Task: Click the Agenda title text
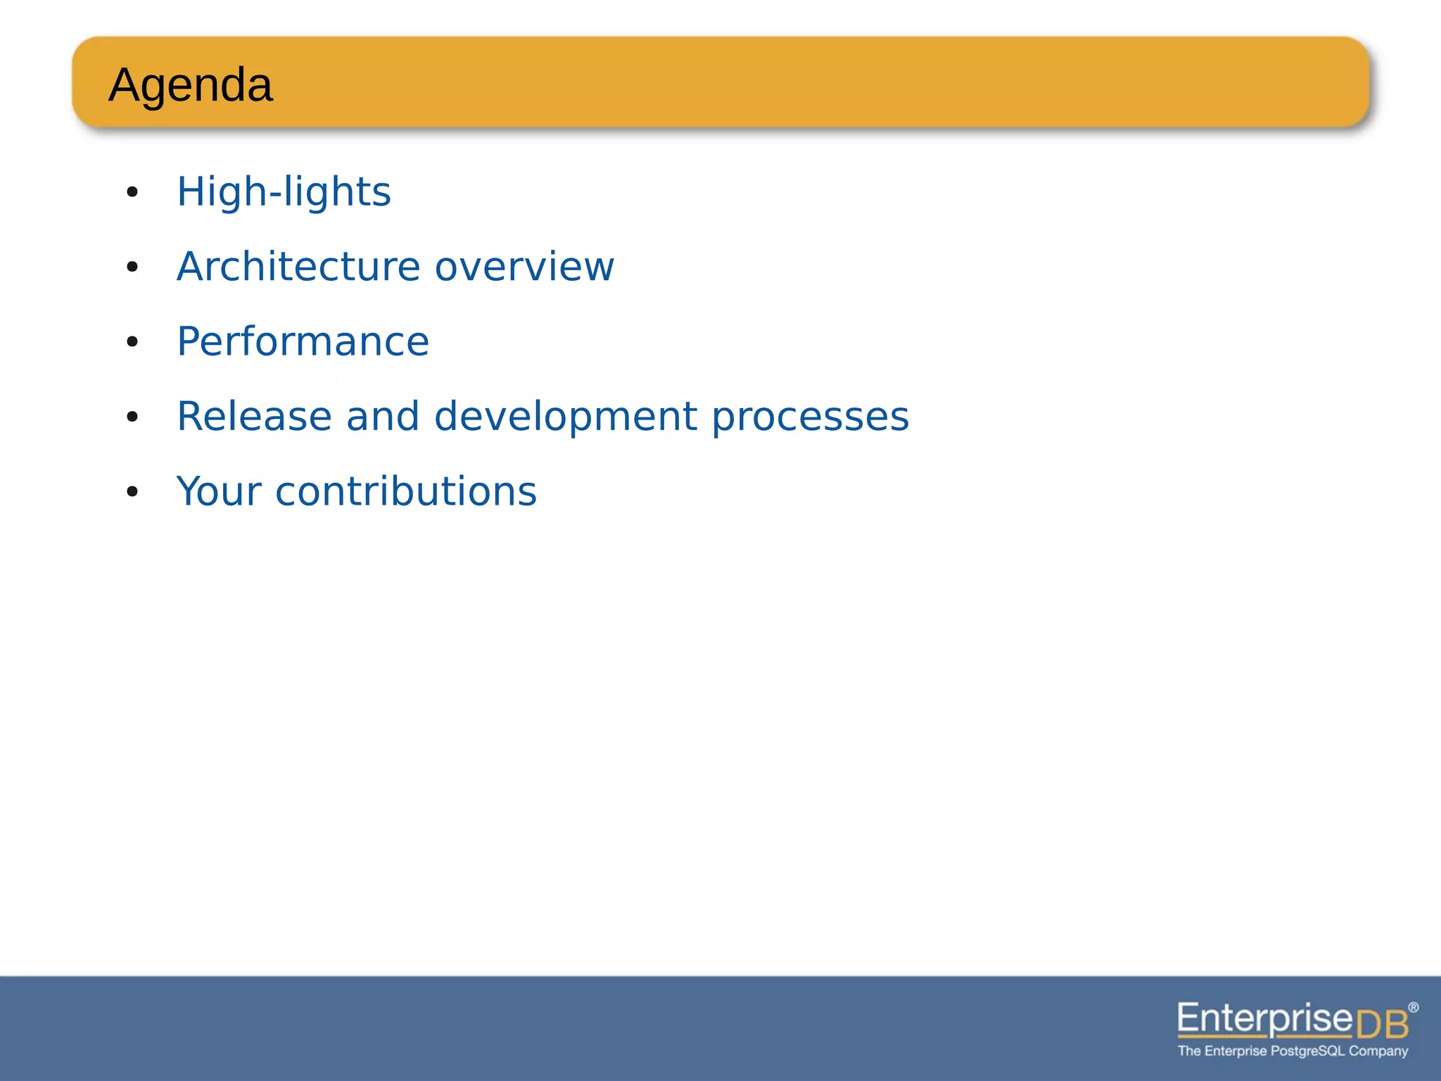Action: pyautogui.click(x=190, y=85)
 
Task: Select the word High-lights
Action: pyautogui.click(x=284, y=192)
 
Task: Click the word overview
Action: pyautogui.click(x=524, y=267)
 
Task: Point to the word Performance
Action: pyautogui.click(x=303, y=342)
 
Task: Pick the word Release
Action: pyautogui.click(x=254, y=417)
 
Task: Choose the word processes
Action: pyautogui.click(x=810, y=417)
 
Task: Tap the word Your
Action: pyautogui.click(x=219, y=491)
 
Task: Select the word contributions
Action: pyautogui.click(x=406, y=491)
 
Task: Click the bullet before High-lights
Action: pyautogui.click(x=132, y=192)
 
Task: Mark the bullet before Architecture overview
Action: pyautogui.click(x=132, y=267)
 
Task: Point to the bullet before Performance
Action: pyautogui.click(x=132, y=342)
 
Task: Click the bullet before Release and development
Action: pyautogui.click(x=132, y=417)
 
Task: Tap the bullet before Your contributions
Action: pyautogui.click(x=132, y=492)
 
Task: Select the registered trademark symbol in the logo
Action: pyautogui.click(x=1413, y=1007)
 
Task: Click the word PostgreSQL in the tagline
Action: pyautogui.click(x=1307, y=1051)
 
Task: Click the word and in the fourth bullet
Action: pyautogui.click(x=383, y=417)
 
